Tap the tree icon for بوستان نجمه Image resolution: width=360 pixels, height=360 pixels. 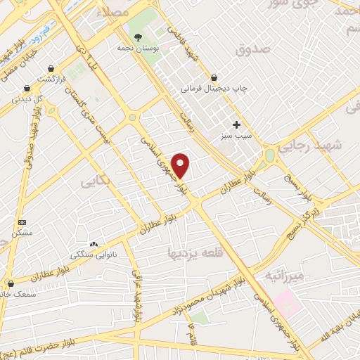[138, 38]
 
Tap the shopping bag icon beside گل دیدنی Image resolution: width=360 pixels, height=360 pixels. [27, 89]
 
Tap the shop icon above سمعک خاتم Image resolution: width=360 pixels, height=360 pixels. [10, 284]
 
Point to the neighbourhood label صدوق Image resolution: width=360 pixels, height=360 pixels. [254, 50]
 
